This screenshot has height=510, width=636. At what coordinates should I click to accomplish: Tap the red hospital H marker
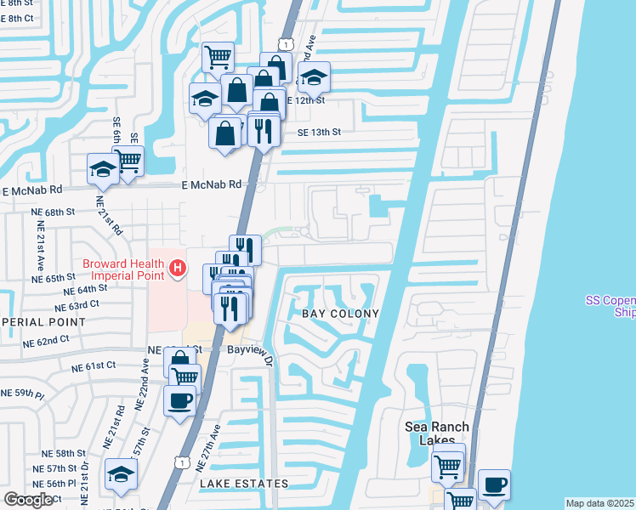[177, 269]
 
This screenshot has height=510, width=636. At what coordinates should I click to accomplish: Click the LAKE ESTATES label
[244, 484]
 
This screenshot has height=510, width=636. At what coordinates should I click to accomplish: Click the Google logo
[28, 500]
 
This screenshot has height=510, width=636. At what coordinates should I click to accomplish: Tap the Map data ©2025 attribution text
[599, 503]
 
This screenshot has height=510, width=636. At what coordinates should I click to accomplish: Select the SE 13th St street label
[319, 133]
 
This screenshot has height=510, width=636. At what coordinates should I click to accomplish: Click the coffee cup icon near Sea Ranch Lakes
[494, 484]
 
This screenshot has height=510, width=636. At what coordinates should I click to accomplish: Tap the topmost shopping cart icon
[219, 57]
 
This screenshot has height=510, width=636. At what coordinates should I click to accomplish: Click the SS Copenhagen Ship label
[610, 305]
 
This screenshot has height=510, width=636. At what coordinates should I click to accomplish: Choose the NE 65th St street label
[54, 278]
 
